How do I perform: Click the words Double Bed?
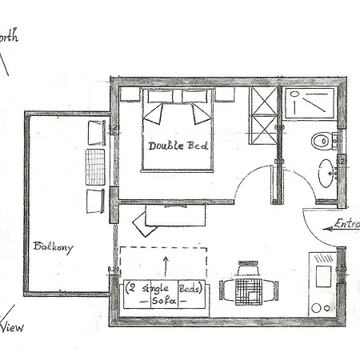(x=178, y=146)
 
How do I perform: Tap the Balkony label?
(x=53, y=247)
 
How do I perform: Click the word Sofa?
(x=163, y=300)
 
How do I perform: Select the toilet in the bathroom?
(x=322, y=142)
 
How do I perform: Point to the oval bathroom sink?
(x=327, y=172)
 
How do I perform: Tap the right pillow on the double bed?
(x=198, y=112)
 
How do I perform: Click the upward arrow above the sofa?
(x=166, y=265)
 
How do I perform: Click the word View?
(x=12, y=326)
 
